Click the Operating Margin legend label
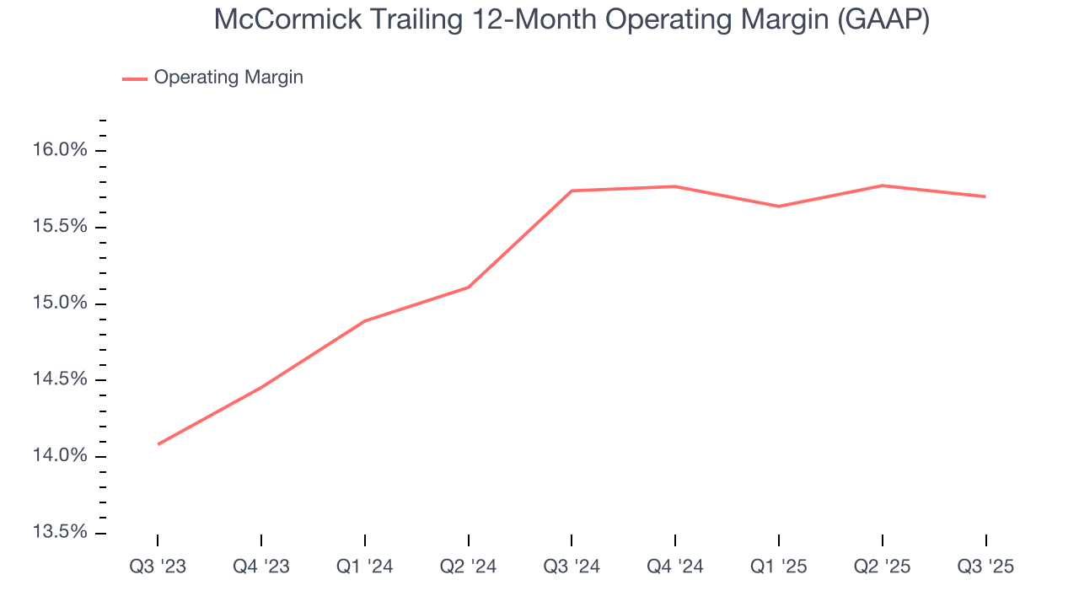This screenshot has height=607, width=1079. pyautogui.click(x=228, y=78)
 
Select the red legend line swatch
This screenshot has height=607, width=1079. pyautogui.click(x=135, y=78)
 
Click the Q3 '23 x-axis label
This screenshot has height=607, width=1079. pyautogui.click(x=158, y=567)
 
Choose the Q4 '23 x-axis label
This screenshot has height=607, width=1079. pyautogui.click(x=261, y=567)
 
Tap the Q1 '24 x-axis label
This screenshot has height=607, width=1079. pyautogui.click(x=364, y=567)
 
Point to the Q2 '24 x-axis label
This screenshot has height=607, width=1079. pyautogui.click(x=468, y=567)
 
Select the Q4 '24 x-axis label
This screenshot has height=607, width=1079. pyautogui.click(x=675, y=567)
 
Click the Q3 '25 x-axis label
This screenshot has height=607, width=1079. pyautogui.click(x=985, y=567)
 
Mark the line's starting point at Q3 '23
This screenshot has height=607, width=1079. pyautogui.click(x=158, y=444)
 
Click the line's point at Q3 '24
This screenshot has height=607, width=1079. pyautogui.click(x=572, y=191)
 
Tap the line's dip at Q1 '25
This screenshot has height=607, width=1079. pyautogui.click(x=779, y=207)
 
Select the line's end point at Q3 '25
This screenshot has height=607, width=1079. pyautogui.click(x=985, y=196)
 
